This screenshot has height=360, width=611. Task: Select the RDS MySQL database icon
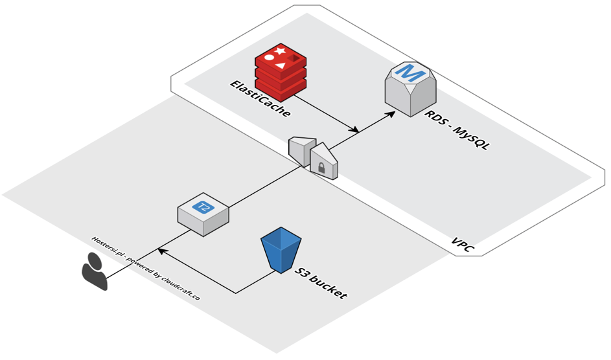410,89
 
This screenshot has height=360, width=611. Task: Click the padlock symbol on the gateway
321,168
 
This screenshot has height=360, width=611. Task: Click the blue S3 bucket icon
279,249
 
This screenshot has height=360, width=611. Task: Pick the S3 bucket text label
321,283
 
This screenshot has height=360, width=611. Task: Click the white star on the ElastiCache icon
280,50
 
